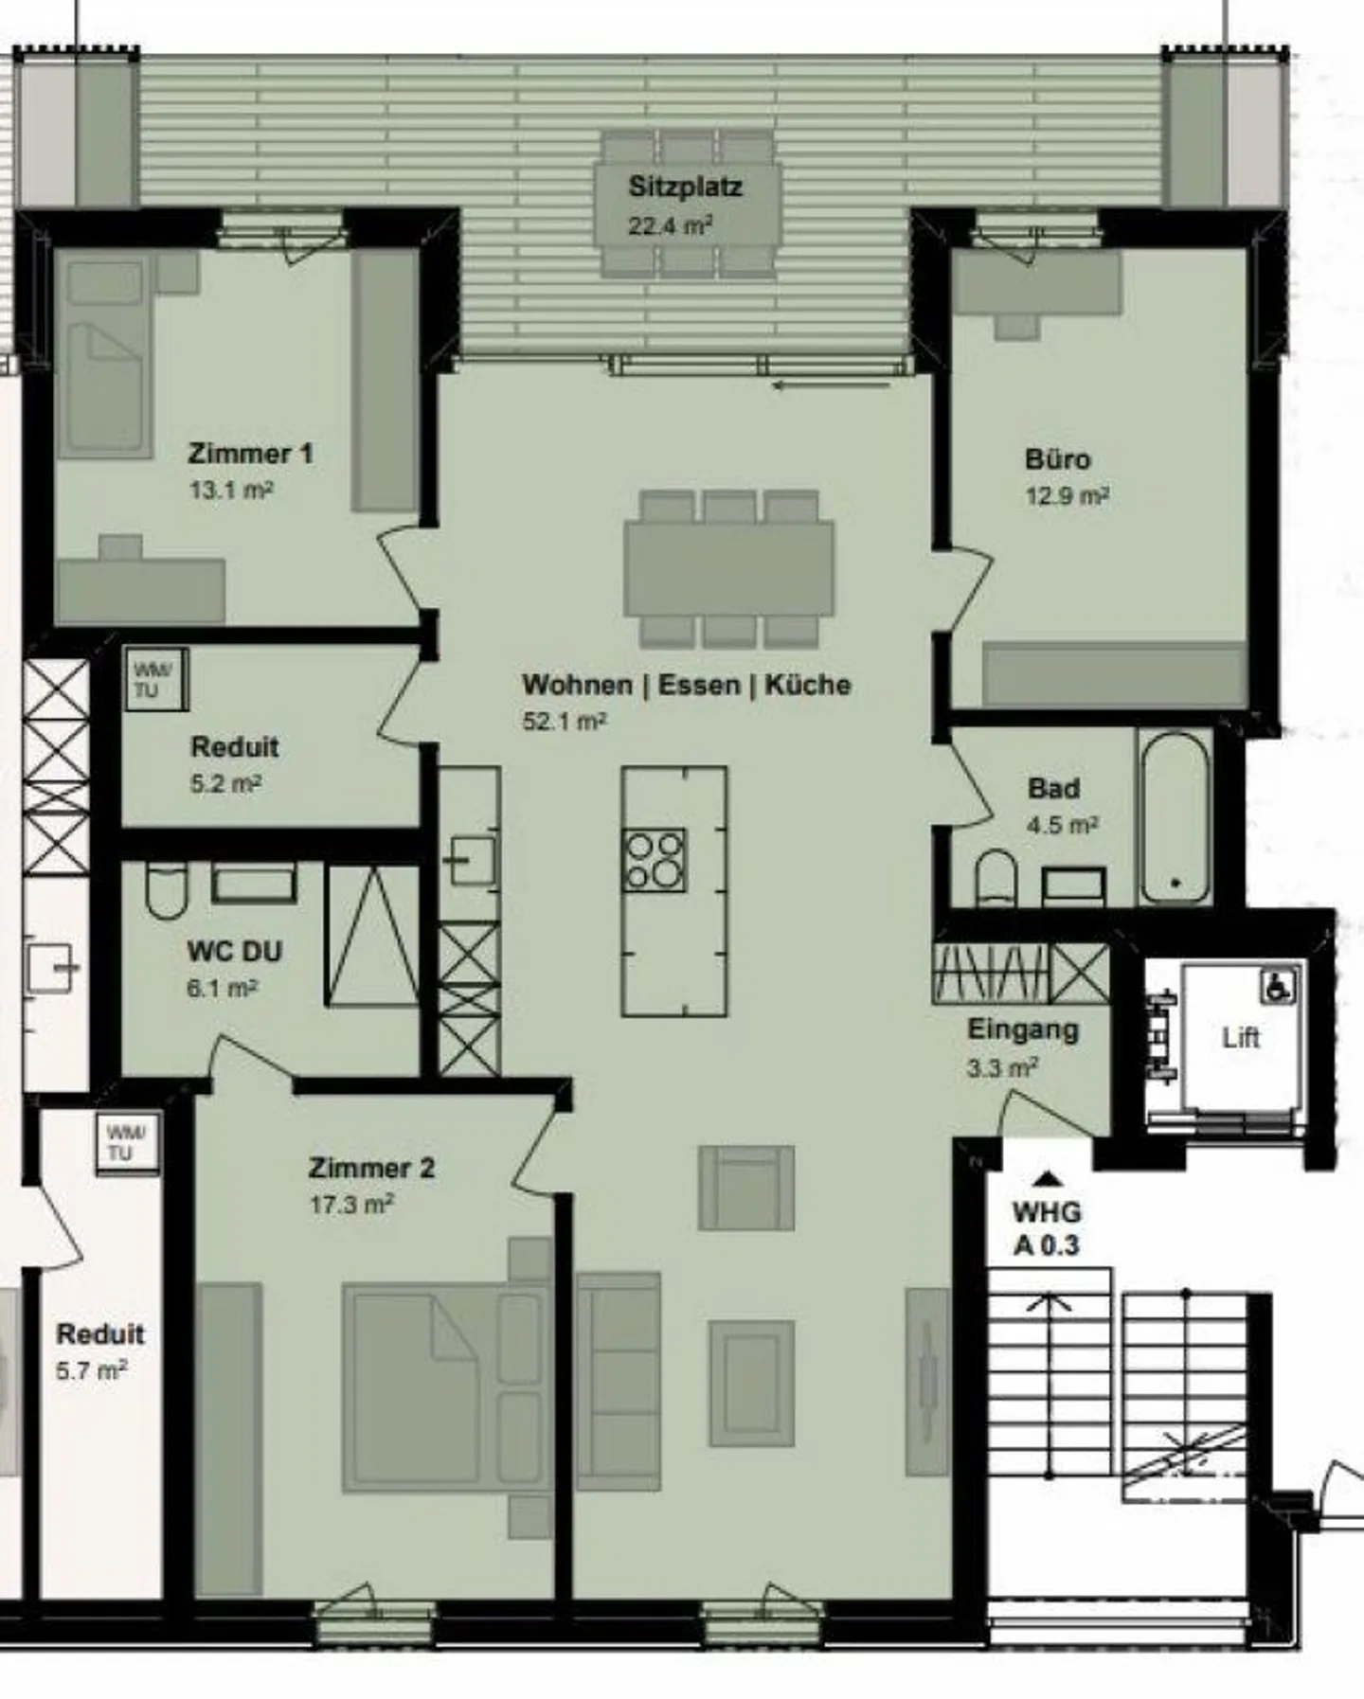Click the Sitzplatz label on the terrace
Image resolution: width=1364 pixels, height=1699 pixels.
[x=685, y=187]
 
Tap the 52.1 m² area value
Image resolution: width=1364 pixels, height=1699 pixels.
[x=565, y=722]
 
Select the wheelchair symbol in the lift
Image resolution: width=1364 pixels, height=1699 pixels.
[x=1277, y=988]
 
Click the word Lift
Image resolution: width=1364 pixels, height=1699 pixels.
[x=1240, y=1038]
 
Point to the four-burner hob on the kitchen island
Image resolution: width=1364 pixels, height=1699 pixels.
[x=655, y=860]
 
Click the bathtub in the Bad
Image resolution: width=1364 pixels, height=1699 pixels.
[x=1175, y=817]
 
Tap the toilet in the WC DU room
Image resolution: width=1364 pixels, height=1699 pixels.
[x=167, y=890]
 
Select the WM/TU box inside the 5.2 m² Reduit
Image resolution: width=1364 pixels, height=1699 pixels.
[x=154, y=679]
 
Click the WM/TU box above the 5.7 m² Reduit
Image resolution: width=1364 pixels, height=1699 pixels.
[x=127, y=1143]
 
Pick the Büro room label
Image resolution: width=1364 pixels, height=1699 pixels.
[x=1057, y=460]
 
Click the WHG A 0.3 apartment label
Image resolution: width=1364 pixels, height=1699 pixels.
[x=1047, y=1228]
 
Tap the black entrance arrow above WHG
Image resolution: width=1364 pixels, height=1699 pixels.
[x=1046, y=1179]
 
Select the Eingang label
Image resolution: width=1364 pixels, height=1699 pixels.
[x=1022, y=1029]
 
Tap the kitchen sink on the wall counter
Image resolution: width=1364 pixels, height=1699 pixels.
[x=471, y=860]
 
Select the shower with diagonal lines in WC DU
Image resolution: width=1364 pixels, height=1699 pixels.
[x=372, y=936]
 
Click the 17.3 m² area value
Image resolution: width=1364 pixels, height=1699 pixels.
[x=351, y=1205]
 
